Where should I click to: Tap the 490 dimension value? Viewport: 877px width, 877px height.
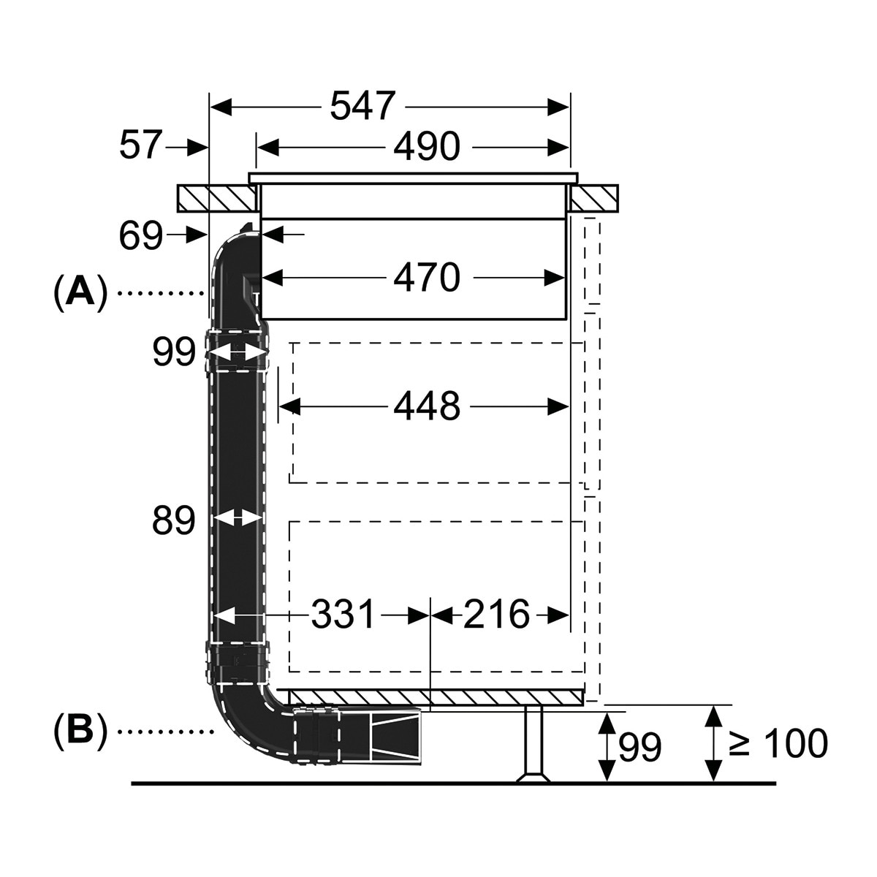(x=426, y=146)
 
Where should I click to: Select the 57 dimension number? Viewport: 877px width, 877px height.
(x=140, y=145)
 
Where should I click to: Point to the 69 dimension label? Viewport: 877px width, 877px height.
(x=140, y=235)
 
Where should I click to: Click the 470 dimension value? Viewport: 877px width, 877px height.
(x=426, y=277)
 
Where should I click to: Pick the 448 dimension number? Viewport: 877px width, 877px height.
(x=426, y=406)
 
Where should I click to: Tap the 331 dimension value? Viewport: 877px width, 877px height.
(x=343, y=614)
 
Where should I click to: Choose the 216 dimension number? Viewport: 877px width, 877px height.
(x=496, y=614)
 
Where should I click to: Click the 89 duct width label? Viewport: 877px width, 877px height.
(x=173, y=520)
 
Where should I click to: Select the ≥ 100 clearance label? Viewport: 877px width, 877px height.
(x=778, y=743)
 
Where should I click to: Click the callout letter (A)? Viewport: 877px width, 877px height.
(x=80, y=294)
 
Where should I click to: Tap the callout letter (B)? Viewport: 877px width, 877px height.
(x=80, y=732)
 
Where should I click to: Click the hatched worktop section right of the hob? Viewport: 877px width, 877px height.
(x=594, y=199)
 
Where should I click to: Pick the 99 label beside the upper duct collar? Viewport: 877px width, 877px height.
(x=173, y=352)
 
